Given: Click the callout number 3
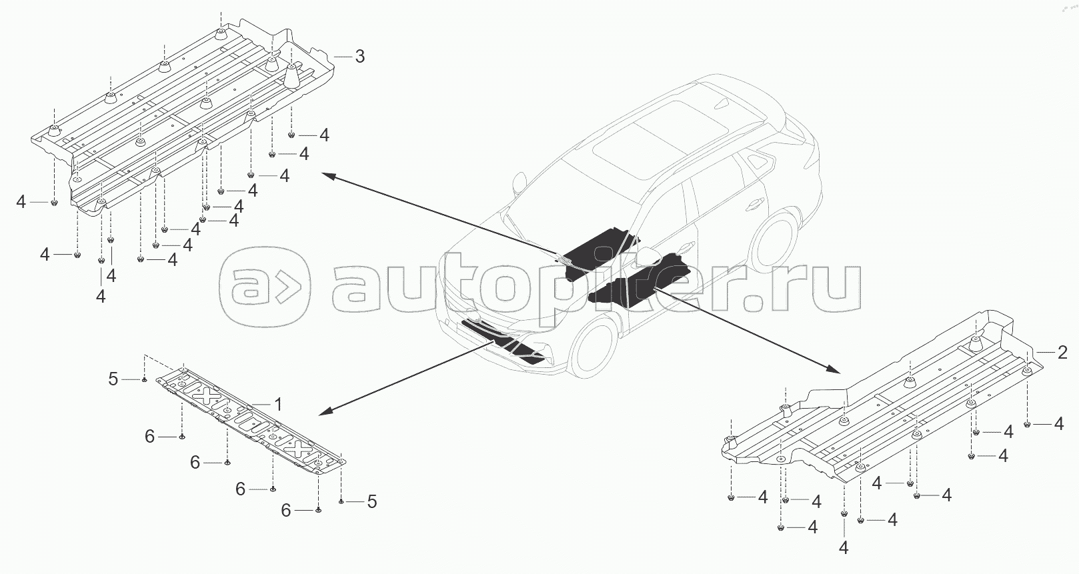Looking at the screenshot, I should click(359, 57).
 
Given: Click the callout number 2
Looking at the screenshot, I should click(1063, 352).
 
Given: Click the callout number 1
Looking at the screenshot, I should click(278, 404).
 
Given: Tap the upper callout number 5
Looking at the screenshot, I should click(113, 379).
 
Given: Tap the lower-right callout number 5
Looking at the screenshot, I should click(371, 501).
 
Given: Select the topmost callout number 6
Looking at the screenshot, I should click(150, 436).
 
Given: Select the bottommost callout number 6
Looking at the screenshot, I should click(286, 510).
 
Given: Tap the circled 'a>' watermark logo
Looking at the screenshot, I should click(265, 289).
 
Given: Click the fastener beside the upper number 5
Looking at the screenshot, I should click(143, 379).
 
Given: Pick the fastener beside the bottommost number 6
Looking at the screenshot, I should click(318, 510).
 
